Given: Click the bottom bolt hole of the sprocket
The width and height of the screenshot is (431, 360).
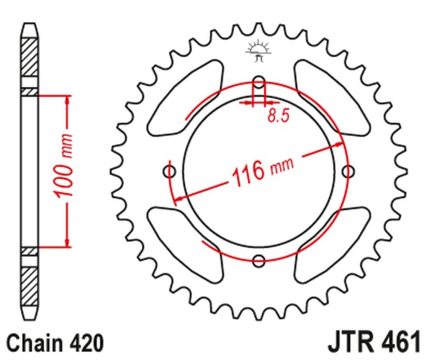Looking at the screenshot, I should [x=259, y=260].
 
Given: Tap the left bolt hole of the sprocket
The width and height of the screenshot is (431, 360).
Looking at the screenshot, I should [x=170, y=172].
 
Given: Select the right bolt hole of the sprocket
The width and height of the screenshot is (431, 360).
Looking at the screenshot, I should [x=349, y=172].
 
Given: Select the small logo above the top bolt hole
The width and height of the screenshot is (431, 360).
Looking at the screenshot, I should [x=257, y=51].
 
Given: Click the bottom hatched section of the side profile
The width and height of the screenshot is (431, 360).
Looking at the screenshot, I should [x=30, y=286].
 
